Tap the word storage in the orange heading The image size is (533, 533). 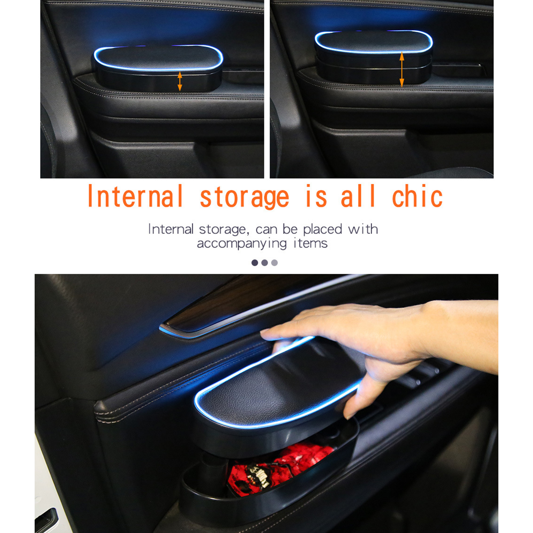(x=244, y=197)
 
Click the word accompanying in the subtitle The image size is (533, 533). (x=242, y=244)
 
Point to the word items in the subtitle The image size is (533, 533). (x=310, y=243)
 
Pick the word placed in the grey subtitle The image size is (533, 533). (x=322, y=229)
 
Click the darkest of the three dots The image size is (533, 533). (x=255, y=263)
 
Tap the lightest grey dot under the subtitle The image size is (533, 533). (x=274, y=263)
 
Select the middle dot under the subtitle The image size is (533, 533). (x=265, y=263)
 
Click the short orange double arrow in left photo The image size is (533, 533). (x=180, y=81)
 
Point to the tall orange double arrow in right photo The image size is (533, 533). (x=402, y=70)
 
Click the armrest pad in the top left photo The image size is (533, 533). (x=158, y=58)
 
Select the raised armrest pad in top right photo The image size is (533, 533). (x=373, y=42)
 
